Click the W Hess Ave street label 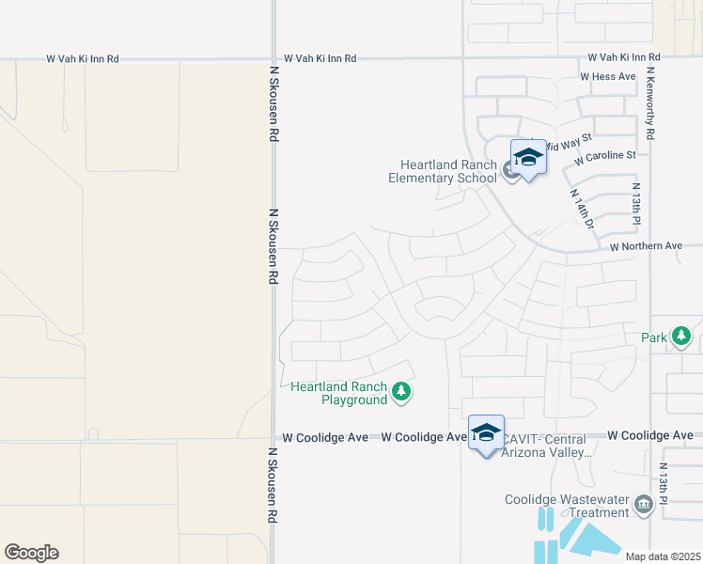(x=608, y=76)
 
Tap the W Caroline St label (x=605, y=155)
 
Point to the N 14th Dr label (x=583, y=209)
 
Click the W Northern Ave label (x=646, y=246)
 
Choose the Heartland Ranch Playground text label (x=338, y=393)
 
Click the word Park (x=653, y=337)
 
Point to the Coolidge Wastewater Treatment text (x=567, y=506)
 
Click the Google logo (x=31, y=553)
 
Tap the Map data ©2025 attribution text (x=663, y=556)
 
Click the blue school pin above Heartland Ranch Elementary (x=528, y=158)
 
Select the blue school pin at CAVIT (x=486, y=433)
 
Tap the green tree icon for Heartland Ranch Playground (x=401, y=391)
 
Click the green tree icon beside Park (x=680, y=336)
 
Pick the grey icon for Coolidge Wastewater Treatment (x=644, y=505)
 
